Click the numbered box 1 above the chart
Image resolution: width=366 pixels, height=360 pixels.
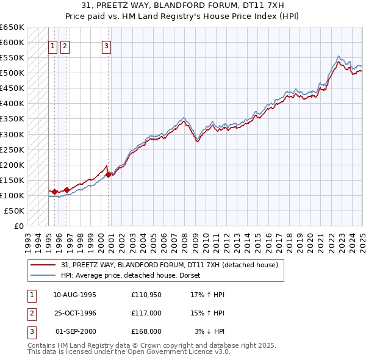(x=52, y=45)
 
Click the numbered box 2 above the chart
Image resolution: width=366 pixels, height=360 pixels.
(x=65, y=45)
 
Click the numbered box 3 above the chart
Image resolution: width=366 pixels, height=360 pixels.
(x=107, y=45)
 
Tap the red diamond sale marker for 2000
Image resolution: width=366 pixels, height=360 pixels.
(x=109, y=175)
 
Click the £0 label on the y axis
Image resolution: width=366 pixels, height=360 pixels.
(x=18, y=226)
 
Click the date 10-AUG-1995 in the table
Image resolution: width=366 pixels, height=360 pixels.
(x=75, y=295)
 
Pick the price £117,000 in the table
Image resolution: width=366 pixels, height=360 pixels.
(x=146, y=313)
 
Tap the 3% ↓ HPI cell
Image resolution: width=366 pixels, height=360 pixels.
(x=210, y=331)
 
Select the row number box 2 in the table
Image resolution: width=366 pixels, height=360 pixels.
(x=31, y=313)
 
